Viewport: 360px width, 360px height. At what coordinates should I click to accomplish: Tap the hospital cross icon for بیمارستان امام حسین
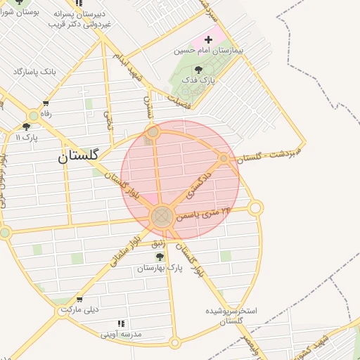tap(209, 39)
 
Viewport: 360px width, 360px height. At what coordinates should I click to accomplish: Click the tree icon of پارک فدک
tap(199, 68)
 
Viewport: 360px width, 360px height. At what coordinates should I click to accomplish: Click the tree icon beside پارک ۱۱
tap(26, 127)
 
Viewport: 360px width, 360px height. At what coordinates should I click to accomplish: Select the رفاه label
tap(45, 112)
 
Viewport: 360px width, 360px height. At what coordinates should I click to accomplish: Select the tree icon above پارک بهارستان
tap(160, 257)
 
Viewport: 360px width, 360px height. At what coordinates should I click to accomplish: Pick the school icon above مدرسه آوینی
tap(122, 323)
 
